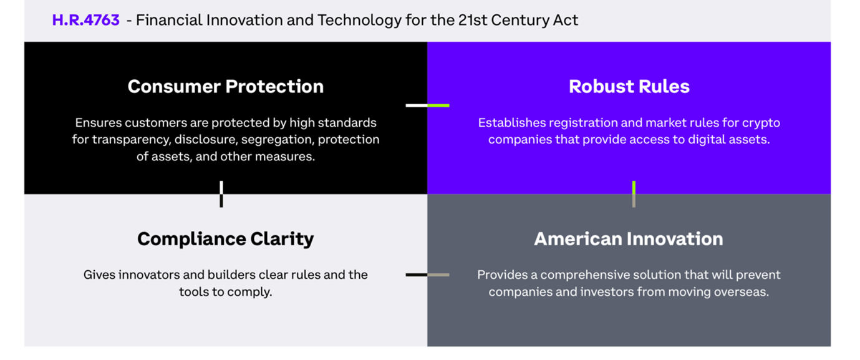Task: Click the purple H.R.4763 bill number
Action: [x=85, y=20]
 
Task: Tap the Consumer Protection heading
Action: [x=226, y=87]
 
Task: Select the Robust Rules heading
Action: [x=629, y=87]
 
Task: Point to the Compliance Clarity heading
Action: [x=226, y=240]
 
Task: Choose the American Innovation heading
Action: [x=629, y=239]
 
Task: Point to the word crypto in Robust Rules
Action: [x=761, y=123]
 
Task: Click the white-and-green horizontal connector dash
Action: [x=427, y=105]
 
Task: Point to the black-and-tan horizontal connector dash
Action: [x=427, y=275]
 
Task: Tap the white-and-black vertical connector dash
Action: [x=221, y=194]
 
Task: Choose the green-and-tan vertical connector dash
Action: [x=634, y=194]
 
